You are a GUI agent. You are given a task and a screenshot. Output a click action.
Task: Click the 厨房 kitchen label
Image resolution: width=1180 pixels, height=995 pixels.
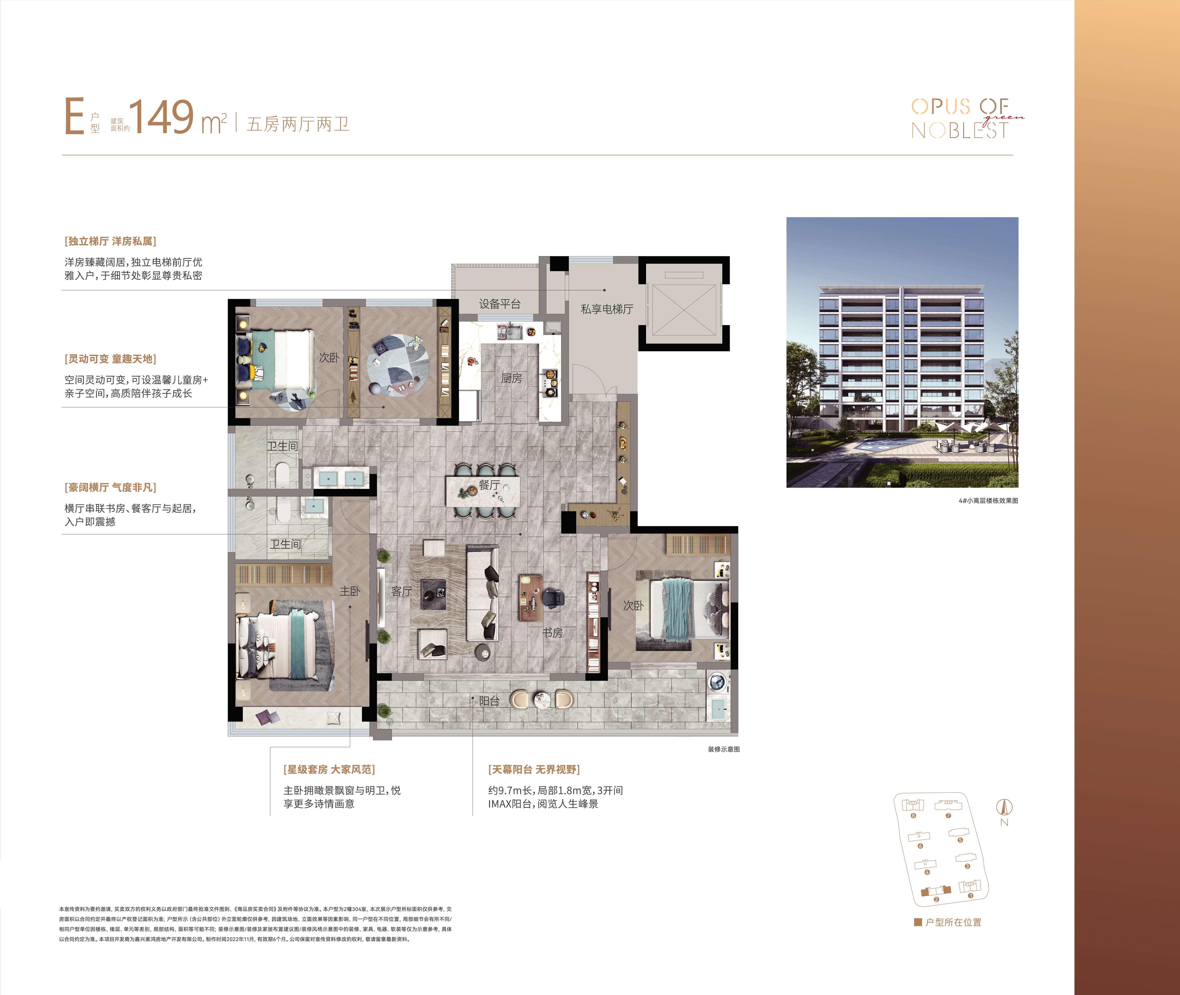[511, 378]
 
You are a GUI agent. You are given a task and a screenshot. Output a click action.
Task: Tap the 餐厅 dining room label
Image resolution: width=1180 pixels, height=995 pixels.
[489, 485]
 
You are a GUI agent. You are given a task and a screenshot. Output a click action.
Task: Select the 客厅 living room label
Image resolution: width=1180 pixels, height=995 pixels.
[402, 591]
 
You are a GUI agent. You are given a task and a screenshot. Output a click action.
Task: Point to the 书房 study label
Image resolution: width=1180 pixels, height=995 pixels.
[552, 633]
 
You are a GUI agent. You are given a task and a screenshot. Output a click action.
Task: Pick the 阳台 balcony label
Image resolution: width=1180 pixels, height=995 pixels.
[489, 701]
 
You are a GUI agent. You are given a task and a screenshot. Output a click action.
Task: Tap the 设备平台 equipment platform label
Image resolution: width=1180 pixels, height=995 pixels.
[500, 304]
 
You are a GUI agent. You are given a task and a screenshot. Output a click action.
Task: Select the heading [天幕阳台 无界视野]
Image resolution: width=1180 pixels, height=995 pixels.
[534, 769]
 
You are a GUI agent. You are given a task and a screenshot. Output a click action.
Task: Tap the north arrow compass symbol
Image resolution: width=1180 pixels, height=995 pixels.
[1005, 806]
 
